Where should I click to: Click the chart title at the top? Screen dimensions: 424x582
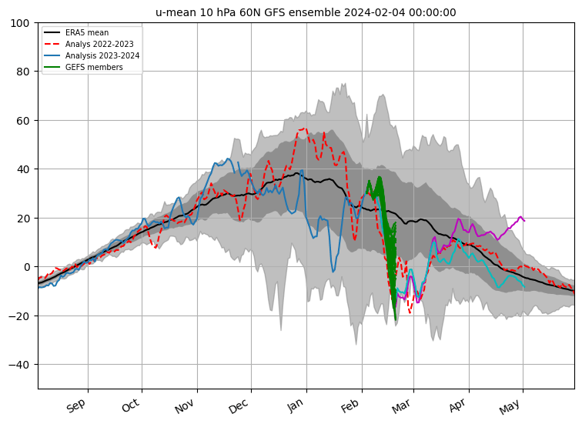coord(306,12)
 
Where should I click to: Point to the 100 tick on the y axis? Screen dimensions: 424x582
coord(20,23)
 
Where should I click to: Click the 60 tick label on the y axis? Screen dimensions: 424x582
coord(23,121)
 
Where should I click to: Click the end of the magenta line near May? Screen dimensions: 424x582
coord(524,220)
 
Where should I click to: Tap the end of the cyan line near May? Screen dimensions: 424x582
coord(524,286)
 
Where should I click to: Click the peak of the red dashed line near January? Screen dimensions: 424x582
coord(303,129)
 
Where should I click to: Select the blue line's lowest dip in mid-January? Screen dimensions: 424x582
coord(333,271)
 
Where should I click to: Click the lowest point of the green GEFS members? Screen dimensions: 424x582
coord(396,319)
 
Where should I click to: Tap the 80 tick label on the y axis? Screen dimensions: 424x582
coord(23,72)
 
